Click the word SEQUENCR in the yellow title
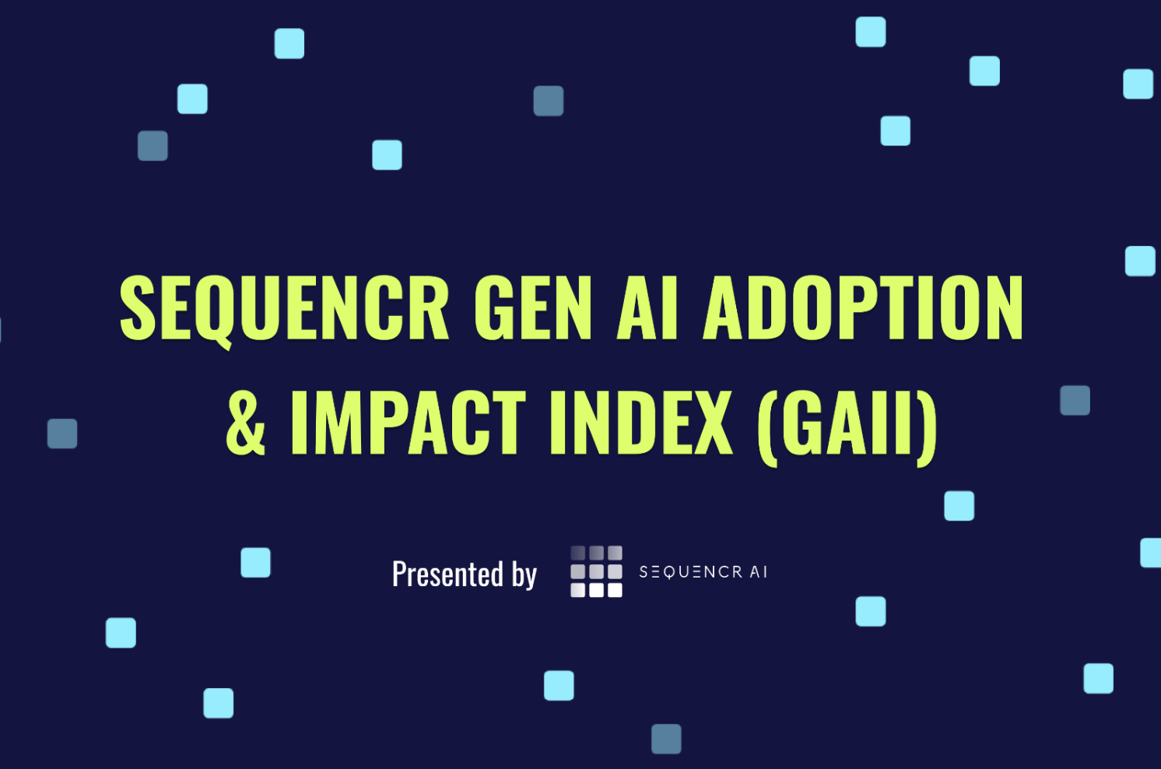tap(284, 309)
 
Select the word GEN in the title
tap(533, 307)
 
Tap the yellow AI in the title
tap(647, 307)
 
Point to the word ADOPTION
tap(863, 307)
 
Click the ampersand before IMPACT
tap(246, 423)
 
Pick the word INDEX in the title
tap(642, 423)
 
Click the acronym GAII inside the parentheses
tap(847, 423)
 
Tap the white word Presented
tap(447, 574)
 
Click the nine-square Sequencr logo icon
tap(597, 571)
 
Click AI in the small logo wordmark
tap(759, 572)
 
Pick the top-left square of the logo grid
tap(578, 553)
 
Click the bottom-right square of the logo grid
tap(616, 590)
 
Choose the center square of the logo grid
tap(597, 571)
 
